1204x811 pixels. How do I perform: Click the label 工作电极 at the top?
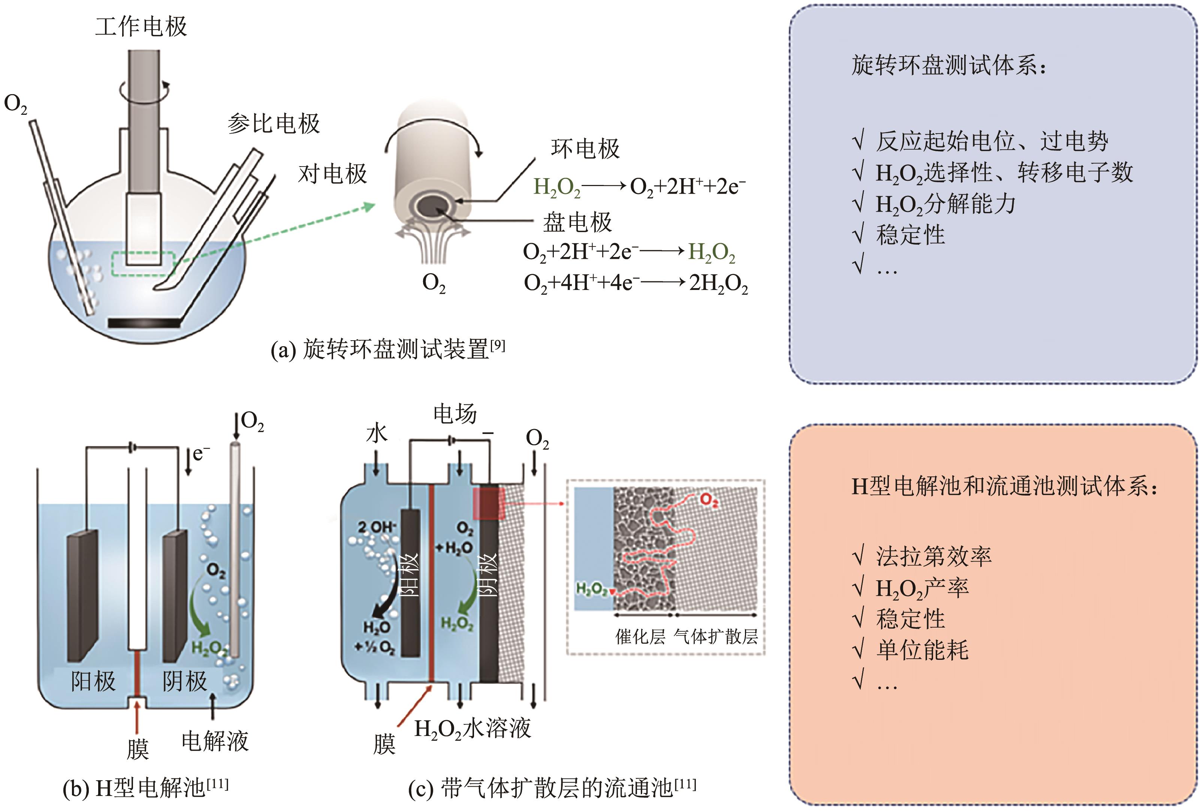pos(141,26)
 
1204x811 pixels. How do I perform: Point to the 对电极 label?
pos(332,174)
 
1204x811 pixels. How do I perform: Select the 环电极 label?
pos(585,149)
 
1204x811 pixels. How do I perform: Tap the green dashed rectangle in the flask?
pos(143,263)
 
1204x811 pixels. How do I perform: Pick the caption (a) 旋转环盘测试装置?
pos(387,349)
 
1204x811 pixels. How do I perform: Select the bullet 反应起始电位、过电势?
pos(991,141)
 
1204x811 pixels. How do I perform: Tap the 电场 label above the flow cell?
pos(455,414)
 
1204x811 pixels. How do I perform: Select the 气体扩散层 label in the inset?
pos(716,637)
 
